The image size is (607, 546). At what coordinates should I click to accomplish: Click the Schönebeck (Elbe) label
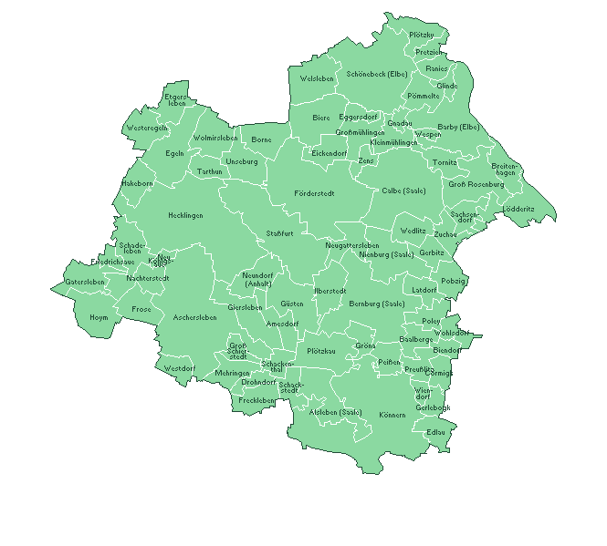coord(377,74)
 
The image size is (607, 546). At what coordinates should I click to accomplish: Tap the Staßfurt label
coord(279,233)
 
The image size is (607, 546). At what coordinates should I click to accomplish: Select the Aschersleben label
coord(194,317)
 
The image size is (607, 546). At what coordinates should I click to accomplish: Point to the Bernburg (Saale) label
coord(376,303)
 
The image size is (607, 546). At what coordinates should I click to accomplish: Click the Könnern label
coord(392,415)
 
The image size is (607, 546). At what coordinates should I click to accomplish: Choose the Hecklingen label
coord(185,216)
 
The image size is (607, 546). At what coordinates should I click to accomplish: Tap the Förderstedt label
coord(314,193)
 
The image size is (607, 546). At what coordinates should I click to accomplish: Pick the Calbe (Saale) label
coord(403,191)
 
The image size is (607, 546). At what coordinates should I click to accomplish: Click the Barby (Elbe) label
coord(458,127)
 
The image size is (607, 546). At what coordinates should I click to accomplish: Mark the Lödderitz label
coord(518,209)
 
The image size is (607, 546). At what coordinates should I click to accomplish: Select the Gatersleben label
coord(85,282)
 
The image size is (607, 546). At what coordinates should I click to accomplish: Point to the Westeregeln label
coord(147,128)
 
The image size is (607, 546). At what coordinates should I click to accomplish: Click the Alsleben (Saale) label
coord(336,412)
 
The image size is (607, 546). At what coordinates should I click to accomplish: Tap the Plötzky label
coord(422,35)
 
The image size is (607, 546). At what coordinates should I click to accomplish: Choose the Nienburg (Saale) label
coord(387,254)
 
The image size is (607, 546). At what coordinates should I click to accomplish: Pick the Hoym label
coord(99,317)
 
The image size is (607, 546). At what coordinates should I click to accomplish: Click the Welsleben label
coord(317,79)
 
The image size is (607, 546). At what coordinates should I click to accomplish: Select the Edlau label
coord(435,431)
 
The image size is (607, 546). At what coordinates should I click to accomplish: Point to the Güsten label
coord(292,303)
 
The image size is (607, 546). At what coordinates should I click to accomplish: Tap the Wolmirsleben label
coord(215,138)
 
